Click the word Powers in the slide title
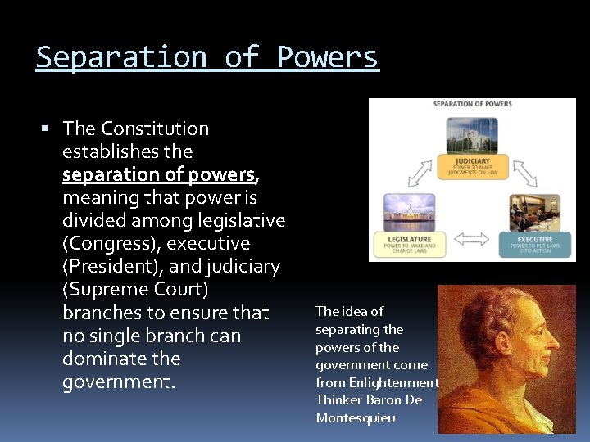pos(328,57)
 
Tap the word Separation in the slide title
pos(120,57)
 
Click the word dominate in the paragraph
pos(110,359)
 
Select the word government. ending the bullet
pos(119,381)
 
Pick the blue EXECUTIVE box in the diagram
pos(535,242)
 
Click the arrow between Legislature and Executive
pos(471,239)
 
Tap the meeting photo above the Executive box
pos(534,212)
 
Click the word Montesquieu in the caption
pos(356,417)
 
